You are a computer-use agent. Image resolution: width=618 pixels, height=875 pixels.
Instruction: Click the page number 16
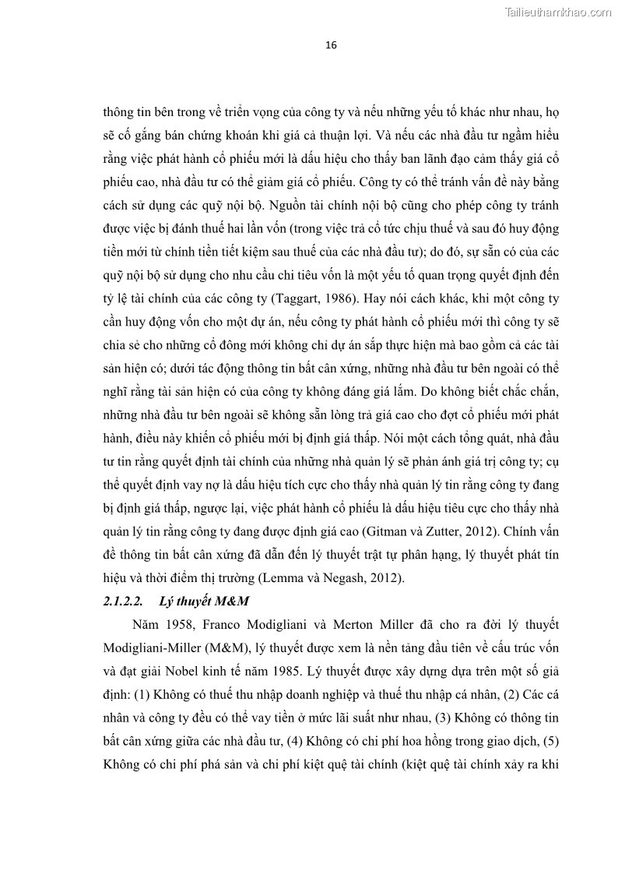(x=331, y=45)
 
